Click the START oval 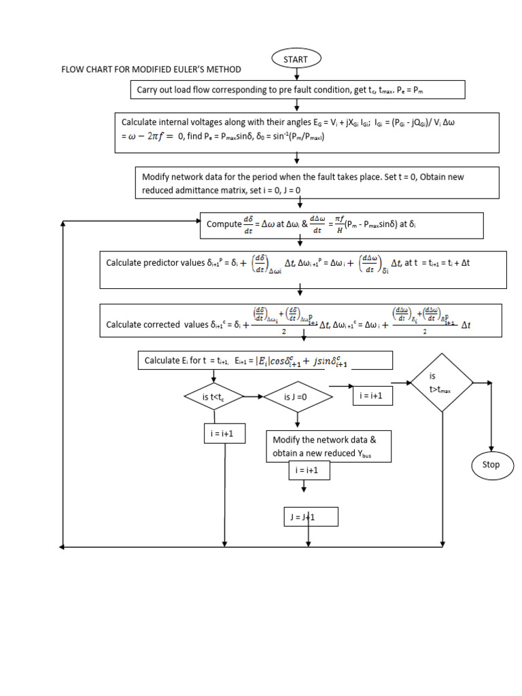point(296,59)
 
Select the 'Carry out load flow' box point(298,90)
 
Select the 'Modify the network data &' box point(329,447)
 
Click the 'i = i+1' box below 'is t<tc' point(224,434)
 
